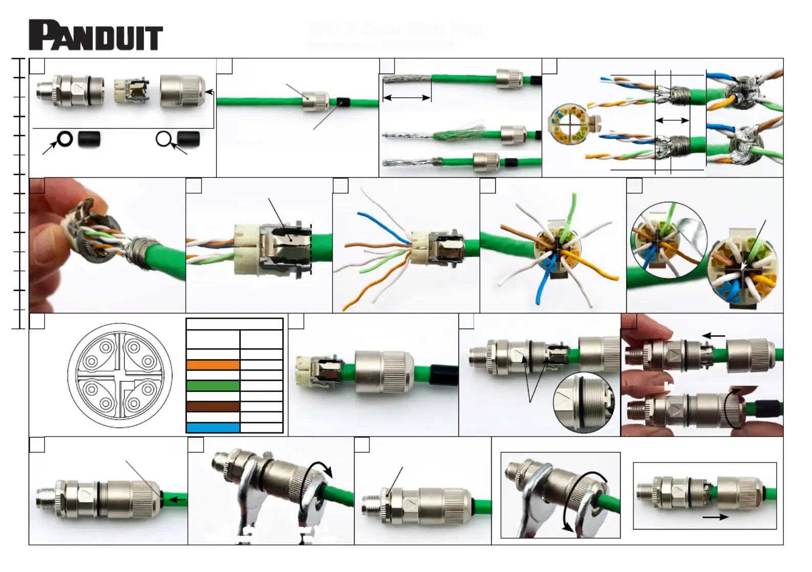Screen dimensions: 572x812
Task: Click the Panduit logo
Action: coord(96,35)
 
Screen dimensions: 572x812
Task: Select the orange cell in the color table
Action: coord(213,365)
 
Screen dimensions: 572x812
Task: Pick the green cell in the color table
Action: coord(213,386)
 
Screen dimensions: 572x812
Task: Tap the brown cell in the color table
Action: coord(213,407)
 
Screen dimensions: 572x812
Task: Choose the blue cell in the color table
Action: coord(213,428)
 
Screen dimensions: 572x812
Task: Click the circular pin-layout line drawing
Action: coord(120,375)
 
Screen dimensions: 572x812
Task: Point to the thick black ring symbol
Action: coord(65,139)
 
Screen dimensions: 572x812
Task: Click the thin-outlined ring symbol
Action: coord(163,139)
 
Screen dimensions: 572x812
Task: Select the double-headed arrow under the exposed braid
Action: coord(407,98)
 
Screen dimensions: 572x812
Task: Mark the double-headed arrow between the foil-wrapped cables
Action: coord(672,121)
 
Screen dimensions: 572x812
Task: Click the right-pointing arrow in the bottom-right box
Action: coord(715,517)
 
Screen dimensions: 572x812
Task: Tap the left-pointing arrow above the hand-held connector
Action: coord(713,336)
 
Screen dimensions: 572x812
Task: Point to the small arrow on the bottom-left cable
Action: coord(177,499)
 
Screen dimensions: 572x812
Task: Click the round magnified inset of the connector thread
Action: coord(584,402)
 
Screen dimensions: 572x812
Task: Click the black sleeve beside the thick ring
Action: coord(89,139)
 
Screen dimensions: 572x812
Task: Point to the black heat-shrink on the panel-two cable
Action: coord(342,102)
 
